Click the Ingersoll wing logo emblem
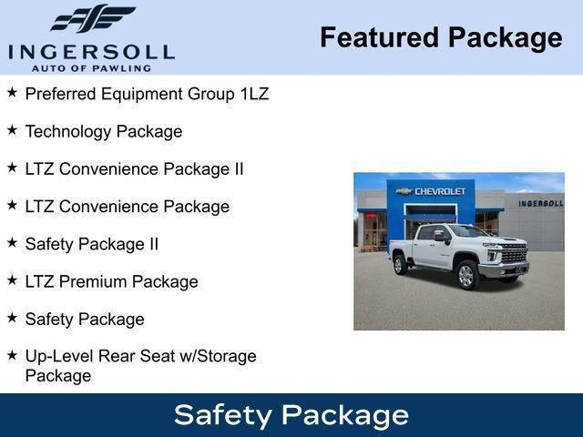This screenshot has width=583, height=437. [x=92, y=19]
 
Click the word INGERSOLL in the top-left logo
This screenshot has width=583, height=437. [x=92, y=52]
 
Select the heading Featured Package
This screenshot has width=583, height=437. [x=441, y=37]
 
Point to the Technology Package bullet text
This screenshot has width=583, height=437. [x=104, y=131]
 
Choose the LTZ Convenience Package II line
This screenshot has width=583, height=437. [x=134, y=169]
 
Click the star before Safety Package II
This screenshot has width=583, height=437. [x=12, y=243]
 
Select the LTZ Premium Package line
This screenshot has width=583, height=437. [x=111, y=282]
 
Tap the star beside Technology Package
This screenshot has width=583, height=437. [x=12, y=130]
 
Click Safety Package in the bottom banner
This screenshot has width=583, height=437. [x=291, y=415]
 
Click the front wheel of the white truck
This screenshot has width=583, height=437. [x=466, y=275]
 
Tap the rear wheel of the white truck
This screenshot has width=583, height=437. [x=399, y=264]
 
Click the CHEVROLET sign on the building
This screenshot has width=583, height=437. [x=439, y=191]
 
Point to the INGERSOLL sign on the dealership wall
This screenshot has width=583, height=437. [x=540, y=203]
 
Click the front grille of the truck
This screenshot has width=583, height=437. [x=514, y=254]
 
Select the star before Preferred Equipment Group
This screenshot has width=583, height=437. [x=12, y=93]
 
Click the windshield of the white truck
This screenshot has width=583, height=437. [x=470, y=231]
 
